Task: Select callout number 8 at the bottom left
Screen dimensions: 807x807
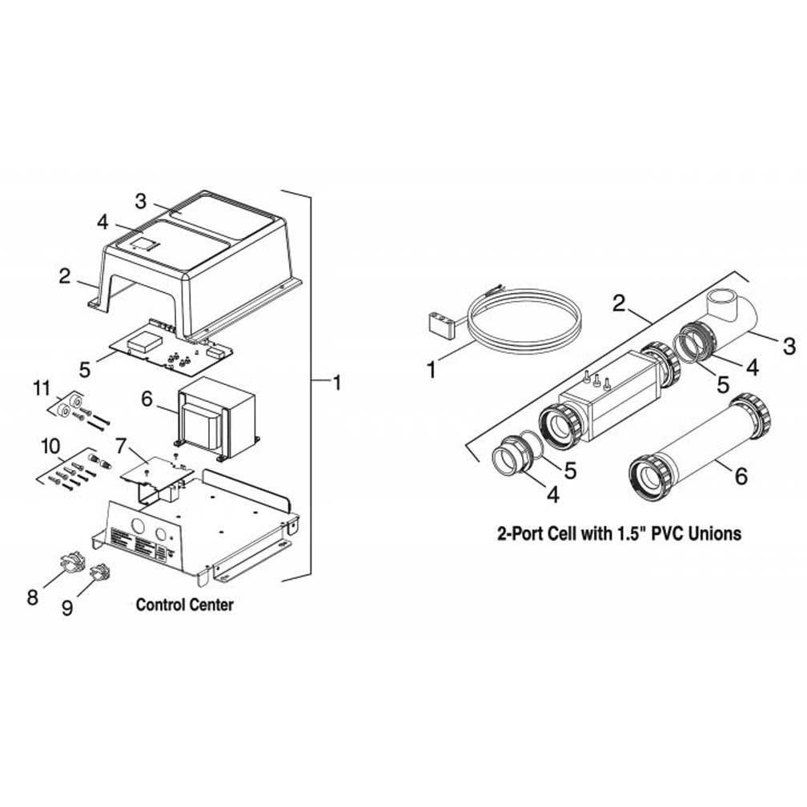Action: (32, 598)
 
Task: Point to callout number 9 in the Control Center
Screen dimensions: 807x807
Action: (67, 608)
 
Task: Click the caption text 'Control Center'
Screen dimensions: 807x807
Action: (185, 605)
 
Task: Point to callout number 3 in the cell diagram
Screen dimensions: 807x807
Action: (789, 346)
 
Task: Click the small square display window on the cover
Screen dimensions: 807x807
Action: (145, 244)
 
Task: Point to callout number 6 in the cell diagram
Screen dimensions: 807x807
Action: (741, 476)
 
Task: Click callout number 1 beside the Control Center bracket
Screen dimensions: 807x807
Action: (337, 383)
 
